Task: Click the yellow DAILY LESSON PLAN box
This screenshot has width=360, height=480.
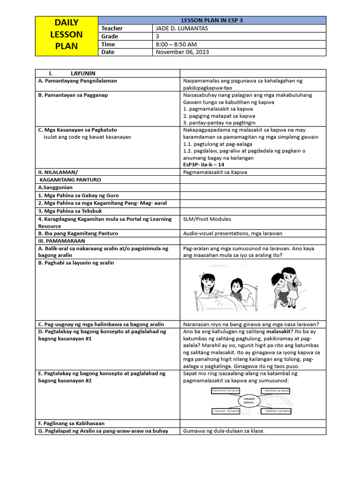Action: pos(67,34)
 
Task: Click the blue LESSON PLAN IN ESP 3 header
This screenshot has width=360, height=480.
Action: pos(212,20)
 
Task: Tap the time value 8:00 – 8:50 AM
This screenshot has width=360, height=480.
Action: pos(176,44)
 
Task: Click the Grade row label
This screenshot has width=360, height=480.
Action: pos(110,36)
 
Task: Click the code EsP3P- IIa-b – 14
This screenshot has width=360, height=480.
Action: pos(203,165)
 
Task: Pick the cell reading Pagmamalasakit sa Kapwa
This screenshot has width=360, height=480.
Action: pos(215,172)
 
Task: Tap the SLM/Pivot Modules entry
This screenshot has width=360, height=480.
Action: pos(207,219)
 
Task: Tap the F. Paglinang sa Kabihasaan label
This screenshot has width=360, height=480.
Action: pos(71,423)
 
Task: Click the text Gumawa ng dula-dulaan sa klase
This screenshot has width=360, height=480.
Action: pos(224,431)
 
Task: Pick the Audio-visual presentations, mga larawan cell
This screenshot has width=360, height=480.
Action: pos(232,233)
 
